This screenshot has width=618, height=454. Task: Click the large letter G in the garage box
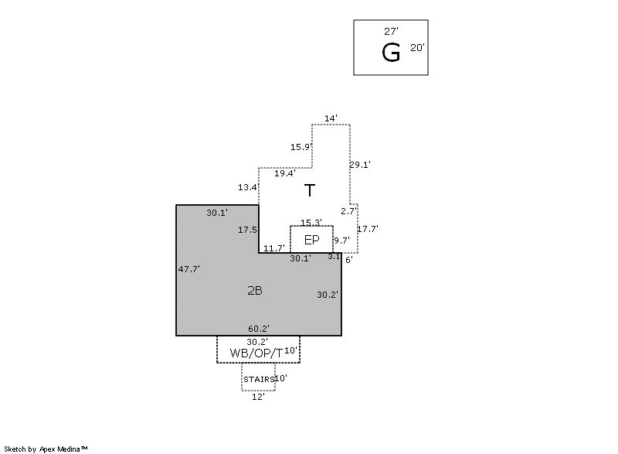[x=391, y=53]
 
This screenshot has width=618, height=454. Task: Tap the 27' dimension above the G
[x=391, y=32]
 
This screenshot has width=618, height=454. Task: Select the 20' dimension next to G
[x=417, y=48]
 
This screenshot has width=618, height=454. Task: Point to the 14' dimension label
[x=331, y=118]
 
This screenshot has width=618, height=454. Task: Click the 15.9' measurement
[x=301, y=147]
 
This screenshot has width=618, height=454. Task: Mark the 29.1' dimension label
[x=360, y=165]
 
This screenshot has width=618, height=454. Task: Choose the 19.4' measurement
[x=284, y=173]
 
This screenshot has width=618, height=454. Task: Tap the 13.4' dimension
[x=248, y=187]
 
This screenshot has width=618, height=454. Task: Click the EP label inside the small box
[x=311, y=240]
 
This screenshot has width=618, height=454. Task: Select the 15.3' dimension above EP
[x=311, y=223]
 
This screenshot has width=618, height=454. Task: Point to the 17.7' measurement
[x=368, y=229]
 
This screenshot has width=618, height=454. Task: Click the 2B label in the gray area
[x=254, y=291]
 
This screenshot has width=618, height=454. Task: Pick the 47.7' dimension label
[x=189, y=269]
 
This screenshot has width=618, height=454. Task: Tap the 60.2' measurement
[x=259, y=329]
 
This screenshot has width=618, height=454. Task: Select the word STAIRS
[x=259, y=380]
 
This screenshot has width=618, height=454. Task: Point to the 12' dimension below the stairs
[x=258, y=397]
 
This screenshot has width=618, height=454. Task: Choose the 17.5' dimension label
[x=247, y=230]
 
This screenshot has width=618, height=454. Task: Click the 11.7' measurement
[x=273, y=248]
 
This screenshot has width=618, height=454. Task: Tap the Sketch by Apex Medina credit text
[x=46, y=449]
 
